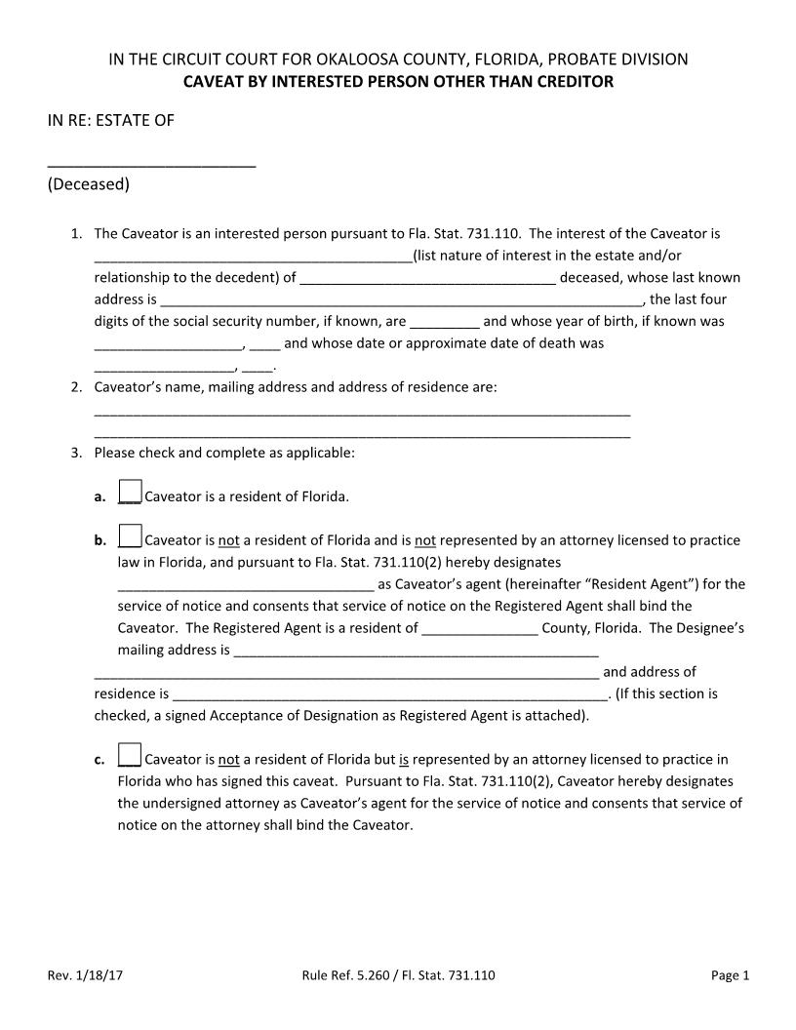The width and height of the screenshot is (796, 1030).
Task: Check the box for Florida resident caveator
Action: [x=130, y=494]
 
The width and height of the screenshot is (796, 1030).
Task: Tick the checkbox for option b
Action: [x=130, y=537]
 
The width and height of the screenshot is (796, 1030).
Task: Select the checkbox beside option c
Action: [x=130, y=756]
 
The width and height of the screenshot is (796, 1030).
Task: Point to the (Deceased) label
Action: [x=88, y=183]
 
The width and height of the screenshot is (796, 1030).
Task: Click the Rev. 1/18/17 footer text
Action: [x=85, y=974]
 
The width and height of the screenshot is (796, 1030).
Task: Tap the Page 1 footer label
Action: [x=730, y=974]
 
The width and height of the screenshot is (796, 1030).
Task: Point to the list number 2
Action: [x=75, y=387]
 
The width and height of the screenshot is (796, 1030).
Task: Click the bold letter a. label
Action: [x=99, y=496]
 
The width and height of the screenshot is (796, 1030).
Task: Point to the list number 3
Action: [x=75, y=454]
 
